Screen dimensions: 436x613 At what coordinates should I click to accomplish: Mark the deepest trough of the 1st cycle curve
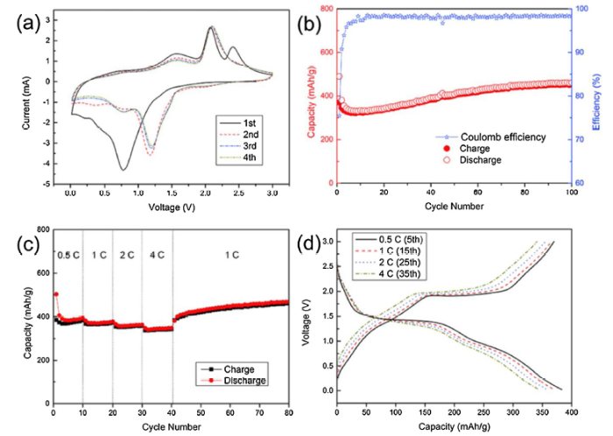[x=123, y=169]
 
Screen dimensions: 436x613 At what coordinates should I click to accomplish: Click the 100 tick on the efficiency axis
[x=582, y=9]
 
